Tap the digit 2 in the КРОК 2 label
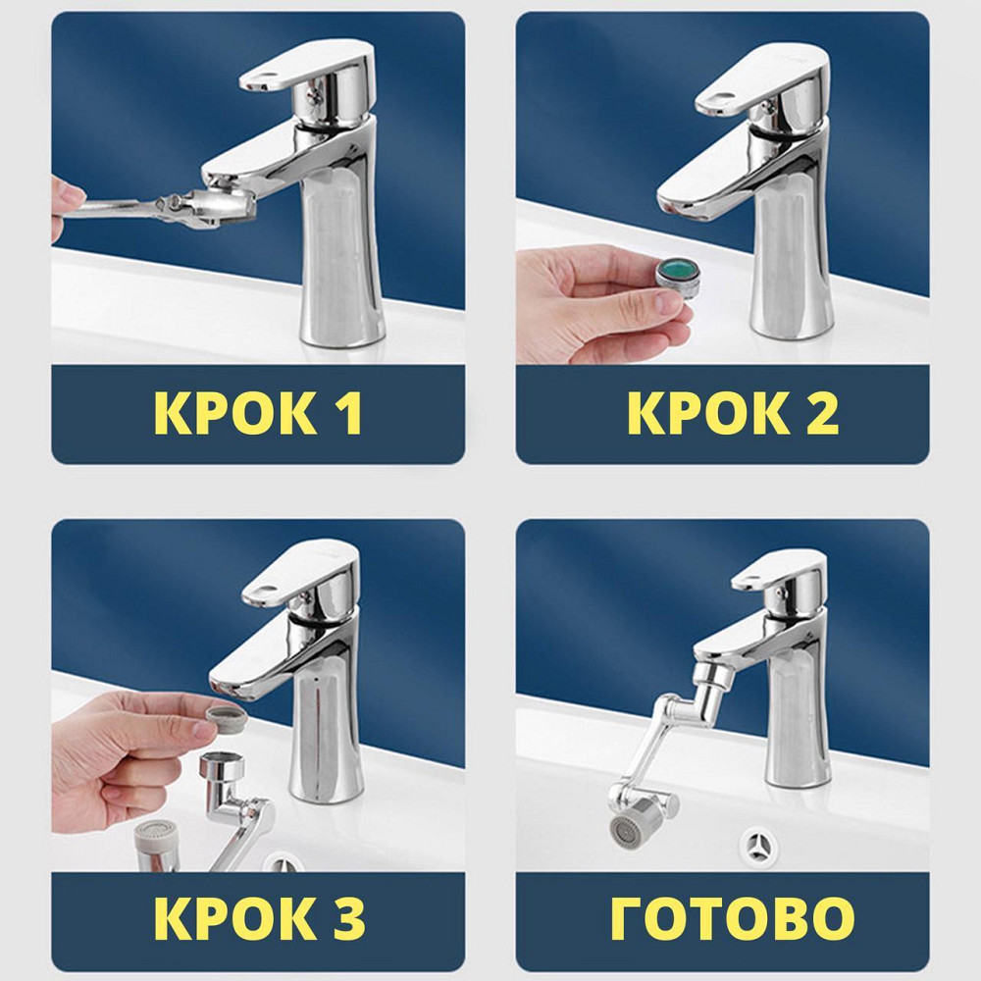(x=820, y=413)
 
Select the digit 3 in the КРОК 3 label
(x=347, y=918)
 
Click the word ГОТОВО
(x=732, y=918)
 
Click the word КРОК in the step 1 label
(x=235, y=413)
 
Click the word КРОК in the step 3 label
(x=234, y=918)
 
